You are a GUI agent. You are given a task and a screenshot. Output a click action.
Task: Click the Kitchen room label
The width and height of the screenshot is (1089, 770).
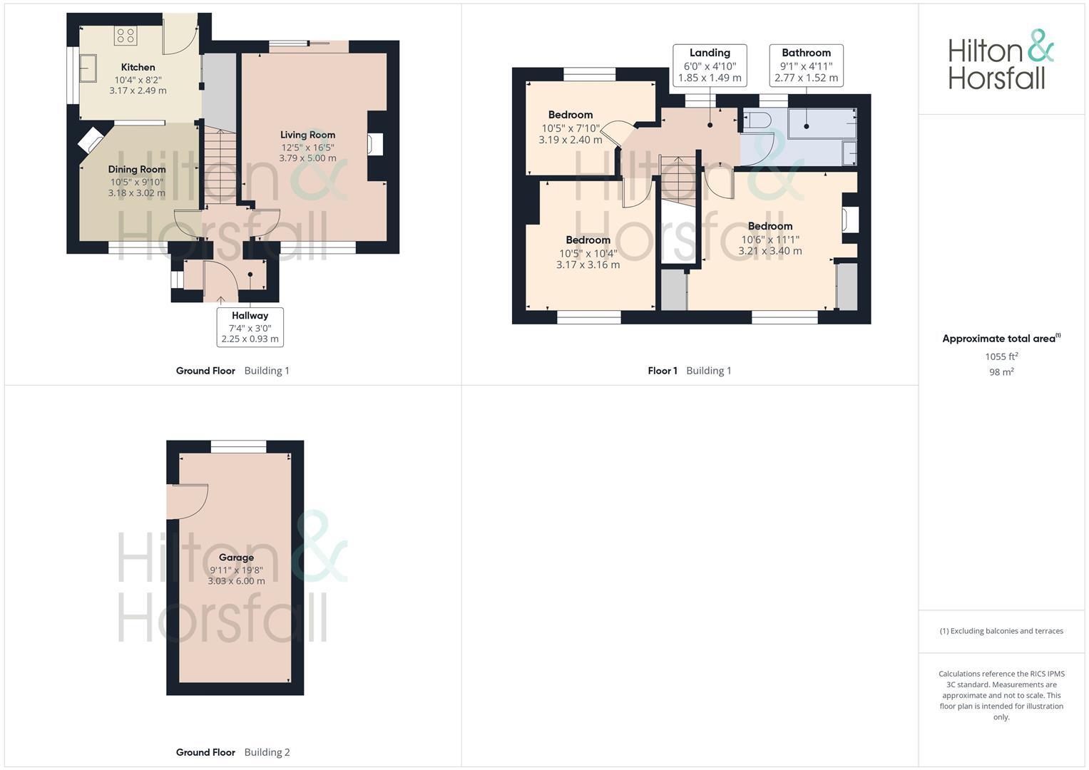138,67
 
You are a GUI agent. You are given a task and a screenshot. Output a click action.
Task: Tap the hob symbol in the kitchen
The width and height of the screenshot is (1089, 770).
126,36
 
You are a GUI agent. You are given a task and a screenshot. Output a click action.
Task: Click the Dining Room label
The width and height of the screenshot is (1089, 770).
137,170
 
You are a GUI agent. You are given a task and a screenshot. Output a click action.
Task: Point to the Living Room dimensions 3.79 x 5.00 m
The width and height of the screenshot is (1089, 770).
307,158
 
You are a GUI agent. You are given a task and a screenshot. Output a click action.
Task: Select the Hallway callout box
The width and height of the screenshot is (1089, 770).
250,327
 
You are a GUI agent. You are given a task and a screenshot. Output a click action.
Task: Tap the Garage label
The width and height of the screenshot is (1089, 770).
236,558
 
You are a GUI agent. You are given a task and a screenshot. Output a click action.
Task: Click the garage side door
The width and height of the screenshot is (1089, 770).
187,501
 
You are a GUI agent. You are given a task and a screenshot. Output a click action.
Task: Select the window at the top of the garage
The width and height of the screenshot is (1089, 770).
238,446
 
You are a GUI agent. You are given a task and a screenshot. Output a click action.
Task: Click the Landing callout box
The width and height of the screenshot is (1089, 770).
710,65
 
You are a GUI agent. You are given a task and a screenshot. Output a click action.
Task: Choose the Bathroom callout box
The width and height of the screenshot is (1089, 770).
806,65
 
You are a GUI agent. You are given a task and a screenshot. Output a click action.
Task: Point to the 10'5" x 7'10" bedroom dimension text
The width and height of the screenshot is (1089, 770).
571,128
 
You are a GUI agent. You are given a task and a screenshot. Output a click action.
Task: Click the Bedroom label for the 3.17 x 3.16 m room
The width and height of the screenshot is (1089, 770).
588,240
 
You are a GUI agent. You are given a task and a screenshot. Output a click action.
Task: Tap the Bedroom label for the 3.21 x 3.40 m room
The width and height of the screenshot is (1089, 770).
770,226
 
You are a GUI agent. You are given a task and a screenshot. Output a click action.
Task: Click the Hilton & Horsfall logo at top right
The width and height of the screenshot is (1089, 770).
1001,60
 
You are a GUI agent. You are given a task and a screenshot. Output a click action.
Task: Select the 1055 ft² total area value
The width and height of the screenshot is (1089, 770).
1001,356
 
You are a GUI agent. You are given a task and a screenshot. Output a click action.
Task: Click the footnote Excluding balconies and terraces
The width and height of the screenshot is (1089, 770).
1001,631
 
